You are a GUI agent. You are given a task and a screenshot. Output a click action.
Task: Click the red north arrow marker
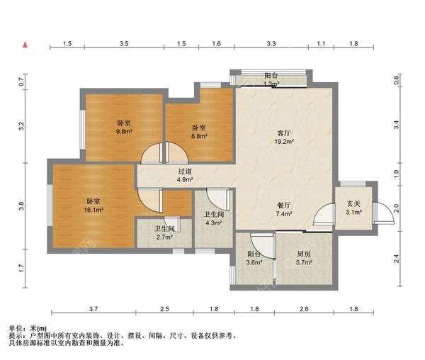pos(25,45)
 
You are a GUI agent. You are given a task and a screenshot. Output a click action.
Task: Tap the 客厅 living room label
pos(284,133)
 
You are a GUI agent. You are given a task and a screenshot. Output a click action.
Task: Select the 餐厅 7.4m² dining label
pos(284,210)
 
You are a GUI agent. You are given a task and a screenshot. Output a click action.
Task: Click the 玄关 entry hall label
pos(353,203)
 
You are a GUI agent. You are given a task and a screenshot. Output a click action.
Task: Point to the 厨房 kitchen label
pos(304,254)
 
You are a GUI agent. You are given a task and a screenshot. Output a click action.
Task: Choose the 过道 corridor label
pos(185,171)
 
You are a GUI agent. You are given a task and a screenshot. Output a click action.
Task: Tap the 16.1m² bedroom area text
pos(93,210)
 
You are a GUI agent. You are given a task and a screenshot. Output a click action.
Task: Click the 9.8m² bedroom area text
pos(124,132)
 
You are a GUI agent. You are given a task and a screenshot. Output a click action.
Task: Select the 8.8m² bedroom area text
pos(199,136)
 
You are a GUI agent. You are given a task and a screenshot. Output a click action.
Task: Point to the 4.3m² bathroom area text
pos(214,223)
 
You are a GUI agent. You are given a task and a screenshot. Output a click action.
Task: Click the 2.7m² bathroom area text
pos(165,237)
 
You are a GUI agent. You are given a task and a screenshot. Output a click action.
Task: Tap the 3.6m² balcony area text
pos(254,262)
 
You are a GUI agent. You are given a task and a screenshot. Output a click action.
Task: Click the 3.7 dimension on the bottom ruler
pos(93,309)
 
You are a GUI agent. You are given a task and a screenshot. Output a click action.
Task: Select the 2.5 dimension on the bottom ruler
pos(164,309)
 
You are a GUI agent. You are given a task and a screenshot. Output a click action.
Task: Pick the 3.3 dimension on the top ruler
pos(271,44)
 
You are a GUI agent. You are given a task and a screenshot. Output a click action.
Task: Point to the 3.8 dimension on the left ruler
pos(21,206)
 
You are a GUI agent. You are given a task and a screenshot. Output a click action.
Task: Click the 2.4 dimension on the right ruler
pos(396,259)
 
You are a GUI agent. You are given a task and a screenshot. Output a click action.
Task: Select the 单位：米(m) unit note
pos(28,329)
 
